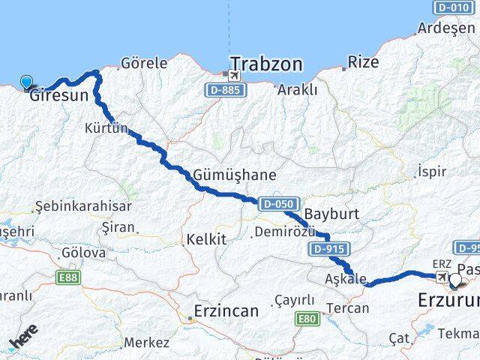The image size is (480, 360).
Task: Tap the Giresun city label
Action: tap(58, 96)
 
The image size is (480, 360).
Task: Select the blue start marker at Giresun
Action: tap(28, 83)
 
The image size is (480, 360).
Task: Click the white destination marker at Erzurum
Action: tap(455, 280)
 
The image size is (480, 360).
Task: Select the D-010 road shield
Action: tap(453, 7)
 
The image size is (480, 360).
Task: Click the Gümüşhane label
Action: tap(235, 175)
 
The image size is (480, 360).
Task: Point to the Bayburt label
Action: tap(332, 214)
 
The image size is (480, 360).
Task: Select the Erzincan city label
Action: tap(225, 310)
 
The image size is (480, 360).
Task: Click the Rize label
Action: tap(364, 61)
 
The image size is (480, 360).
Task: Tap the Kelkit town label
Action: tap(208, 240)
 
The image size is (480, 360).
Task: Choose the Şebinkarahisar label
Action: tap(84, 206)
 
